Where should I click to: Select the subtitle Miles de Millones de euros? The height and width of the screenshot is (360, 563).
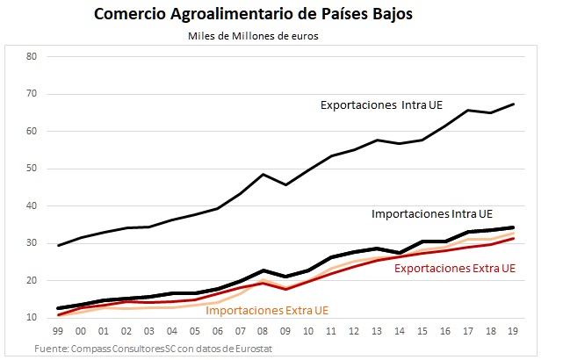pyautogui.click(x=252, y=36)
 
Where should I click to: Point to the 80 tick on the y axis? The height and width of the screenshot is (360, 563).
pyautogui.click(x=32, y=57)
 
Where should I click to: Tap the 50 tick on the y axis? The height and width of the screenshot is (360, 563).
pyautogui.click(x=32, y=169)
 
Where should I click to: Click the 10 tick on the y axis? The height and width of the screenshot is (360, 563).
pyautogui.click(x=32, y=318)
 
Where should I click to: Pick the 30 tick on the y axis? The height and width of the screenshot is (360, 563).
pyautogui.click(x=32, y=243)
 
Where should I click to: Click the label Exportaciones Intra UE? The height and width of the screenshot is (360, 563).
pyautogui.click(x=380, y=106)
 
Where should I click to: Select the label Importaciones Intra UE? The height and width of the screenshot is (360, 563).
pyautogui.click(x=432, y=213)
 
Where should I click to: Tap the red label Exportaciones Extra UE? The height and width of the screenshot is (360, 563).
pyautogui.click(x=454, y=268)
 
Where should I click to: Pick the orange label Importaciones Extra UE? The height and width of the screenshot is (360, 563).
pyautogui.click(x=267, y=309)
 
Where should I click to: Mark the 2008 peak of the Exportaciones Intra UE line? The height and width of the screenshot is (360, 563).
pyautogui.click(x=263, y=174)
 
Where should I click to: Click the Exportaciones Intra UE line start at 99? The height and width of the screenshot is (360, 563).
pyautogui.click(x=58, y=245)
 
